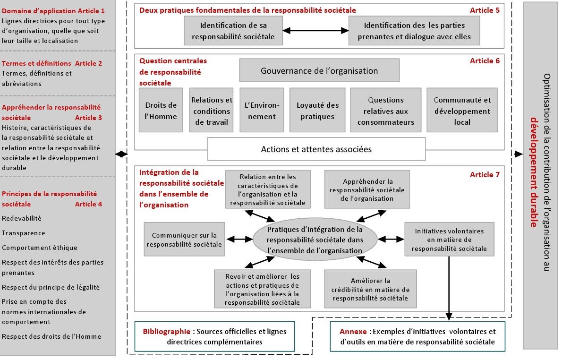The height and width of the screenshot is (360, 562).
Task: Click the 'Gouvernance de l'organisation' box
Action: click(319, 70)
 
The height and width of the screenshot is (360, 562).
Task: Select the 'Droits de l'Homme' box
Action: click(161, 110)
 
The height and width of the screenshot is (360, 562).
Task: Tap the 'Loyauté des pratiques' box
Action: click(317, 110)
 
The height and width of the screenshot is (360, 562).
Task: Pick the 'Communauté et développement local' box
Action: click(462, 110)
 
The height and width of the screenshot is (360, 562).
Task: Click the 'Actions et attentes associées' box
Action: click(316, 149)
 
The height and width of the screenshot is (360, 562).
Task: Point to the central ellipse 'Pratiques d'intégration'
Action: click(315, 240)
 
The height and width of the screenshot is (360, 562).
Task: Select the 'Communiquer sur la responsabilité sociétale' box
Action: click(184, 239)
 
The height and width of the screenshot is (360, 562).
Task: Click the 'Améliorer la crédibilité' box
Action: click(370, 289)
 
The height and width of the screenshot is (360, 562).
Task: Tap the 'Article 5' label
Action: click(485, 10)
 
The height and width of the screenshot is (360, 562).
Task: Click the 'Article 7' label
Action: click(485, 175)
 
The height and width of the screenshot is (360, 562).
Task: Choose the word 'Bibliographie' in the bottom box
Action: click(167, 331)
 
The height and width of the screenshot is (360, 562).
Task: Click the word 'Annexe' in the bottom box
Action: click(353, 331)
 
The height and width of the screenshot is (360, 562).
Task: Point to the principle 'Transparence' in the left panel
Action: click(24, 233)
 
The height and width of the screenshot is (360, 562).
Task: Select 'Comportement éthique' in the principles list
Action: click(39, 248)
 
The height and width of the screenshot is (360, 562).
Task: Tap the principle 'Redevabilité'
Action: click(22, 218)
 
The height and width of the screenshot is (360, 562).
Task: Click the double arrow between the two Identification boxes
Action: click(316, 31)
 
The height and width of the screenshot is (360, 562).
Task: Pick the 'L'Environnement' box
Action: click(262, 110)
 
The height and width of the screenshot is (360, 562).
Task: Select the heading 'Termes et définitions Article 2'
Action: click(52, 63)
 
